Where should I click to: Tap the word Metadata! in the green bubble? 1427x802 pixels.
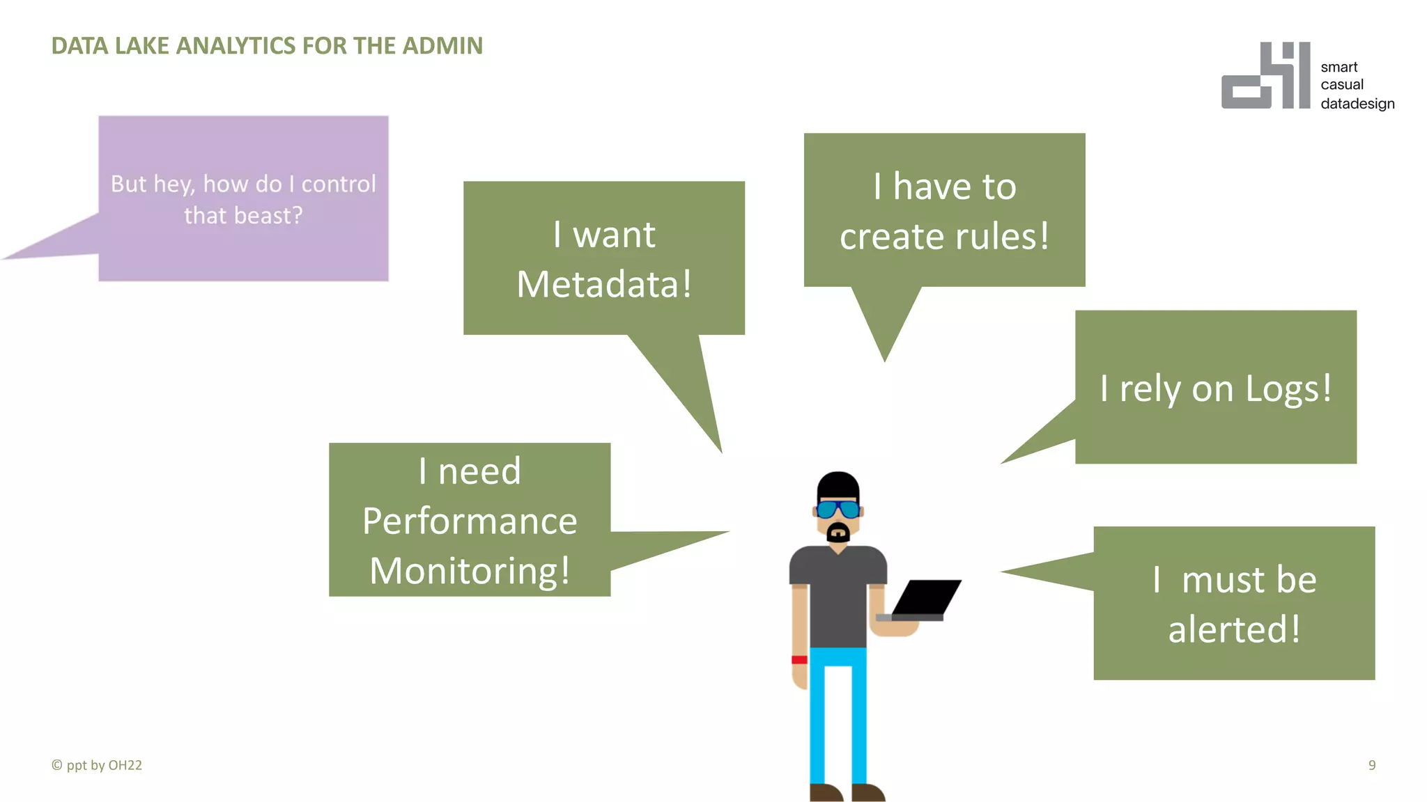point(604,284)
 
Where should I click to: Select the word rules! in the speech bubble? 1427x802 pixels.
point(1002,237)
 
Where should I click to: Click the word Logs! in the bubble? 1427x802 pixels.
point(1288,388)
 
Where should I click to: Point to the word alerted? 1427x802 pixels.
point(1234,629)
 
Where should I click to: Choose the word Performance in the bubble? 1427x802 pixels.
point(470,521)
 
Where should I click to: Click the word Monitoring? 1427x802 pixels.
point(470,571)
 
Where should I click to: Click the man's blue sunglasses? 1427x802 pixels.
point(838,510)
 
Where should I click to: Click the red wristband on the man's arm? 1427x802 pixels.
point(799,659)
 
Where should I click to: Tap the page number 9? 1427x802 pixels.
point(1371,765)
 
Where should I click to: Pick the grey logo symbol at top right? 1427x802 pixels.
point(1265,77)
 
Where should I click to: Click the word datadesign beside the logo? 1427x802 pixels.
point(1357,104)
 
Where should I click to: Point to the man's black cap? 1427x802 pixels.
point(838,485)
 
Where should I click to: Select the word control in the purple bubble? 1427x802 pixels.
point(339,184)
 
